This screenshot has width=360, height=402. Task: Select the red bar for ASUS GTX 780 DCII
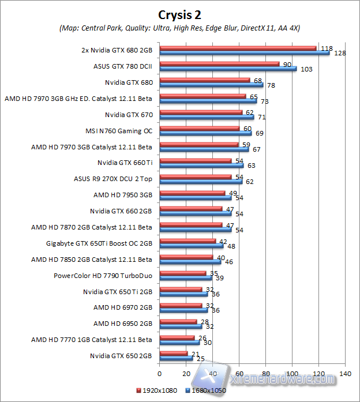(x=219, y=64)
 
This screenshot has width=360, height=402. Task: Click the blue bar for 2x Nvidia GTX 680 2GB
(x=244, y=52)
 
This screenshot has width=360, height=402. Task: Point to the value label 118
(x=327, y=48)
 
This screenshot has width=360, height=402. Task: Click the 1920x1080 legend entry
(x=157, y=389)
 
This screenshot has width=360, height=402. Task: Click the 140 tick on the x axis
(x=344, y=373)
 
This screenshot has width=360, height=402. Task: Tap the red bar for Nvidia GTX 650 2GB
(x=173, y=354)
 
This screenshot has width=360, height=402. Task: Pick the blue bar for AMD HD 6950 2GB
(x=180, y=326)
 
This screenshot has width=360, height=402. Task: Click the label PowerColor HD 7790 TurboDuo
(x=103, y=276)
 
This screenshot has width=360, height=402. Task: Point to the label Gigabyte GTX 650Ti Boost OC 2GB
(x=99, y=244)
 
